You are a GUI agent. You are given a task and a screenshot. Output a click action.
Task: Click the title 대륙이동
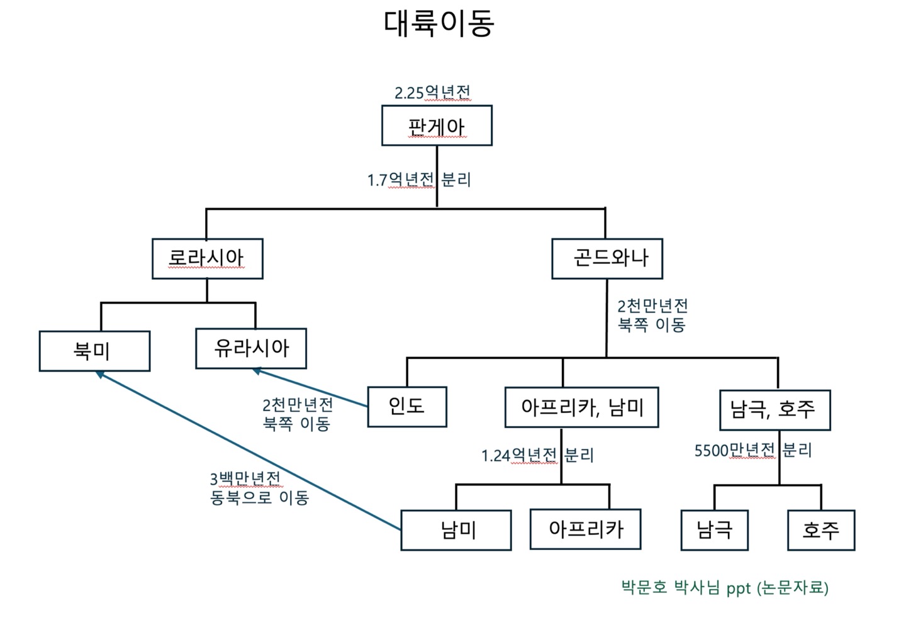pos(439,23)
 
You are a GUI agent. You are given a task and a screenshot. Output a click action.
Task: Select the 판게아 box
pos(437,126)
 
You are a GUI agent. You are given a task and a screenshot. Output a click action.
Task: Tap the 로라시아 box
pos(207,258)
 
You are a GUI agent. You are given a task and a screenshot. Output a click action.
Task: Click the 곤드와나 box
pos(607,258)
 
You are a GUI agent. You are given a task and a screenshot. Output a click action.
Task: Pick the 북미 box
pos(94,351)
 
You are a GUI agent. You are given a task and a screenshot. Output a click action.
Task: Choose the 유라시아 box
pos(251,348)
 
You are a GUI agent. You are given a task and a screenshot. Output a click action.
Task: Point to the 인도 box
pos(407,407)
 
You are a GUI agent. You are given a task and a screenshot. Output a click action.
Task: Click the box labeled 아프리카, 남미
pos(582,407)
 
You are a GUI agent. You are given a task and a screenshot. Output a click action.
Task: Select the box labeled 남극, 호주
pos(775,410)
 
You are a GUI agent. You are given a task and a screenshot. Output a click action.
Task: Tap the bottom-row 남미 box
pos(456,531)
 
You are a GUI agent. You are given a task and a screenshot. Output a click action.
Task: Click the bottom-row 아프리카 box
pos(585,529)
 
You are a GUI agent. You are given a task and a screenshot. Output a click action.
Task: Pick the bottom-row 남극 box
pos(715,530)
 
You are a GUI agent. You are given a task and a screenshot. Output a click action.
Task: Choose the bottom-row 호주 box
pos(821,530)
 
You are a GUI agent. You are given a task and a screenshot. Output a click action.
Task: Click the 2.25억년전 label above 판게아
pos(432,93)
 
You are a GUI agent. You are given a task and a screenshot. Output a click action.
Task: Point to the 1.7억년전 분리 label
pos(419,180)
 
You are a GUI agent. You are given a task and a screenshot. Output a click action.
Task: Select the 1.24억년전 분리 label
pos(537,455)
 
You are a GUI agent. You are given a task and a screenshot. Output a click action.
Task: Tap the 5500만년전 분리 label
pos(753,450)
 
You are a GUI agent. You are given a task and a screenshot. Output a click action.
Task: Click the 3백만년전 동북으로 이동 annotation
pos(259,488)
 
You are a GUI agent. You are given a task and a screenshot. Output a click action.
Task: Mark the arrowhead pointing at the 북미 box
pos(99,374)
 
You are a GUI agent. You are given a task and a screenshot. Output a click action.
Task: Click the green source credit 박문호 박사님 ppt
pos(725,588)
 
